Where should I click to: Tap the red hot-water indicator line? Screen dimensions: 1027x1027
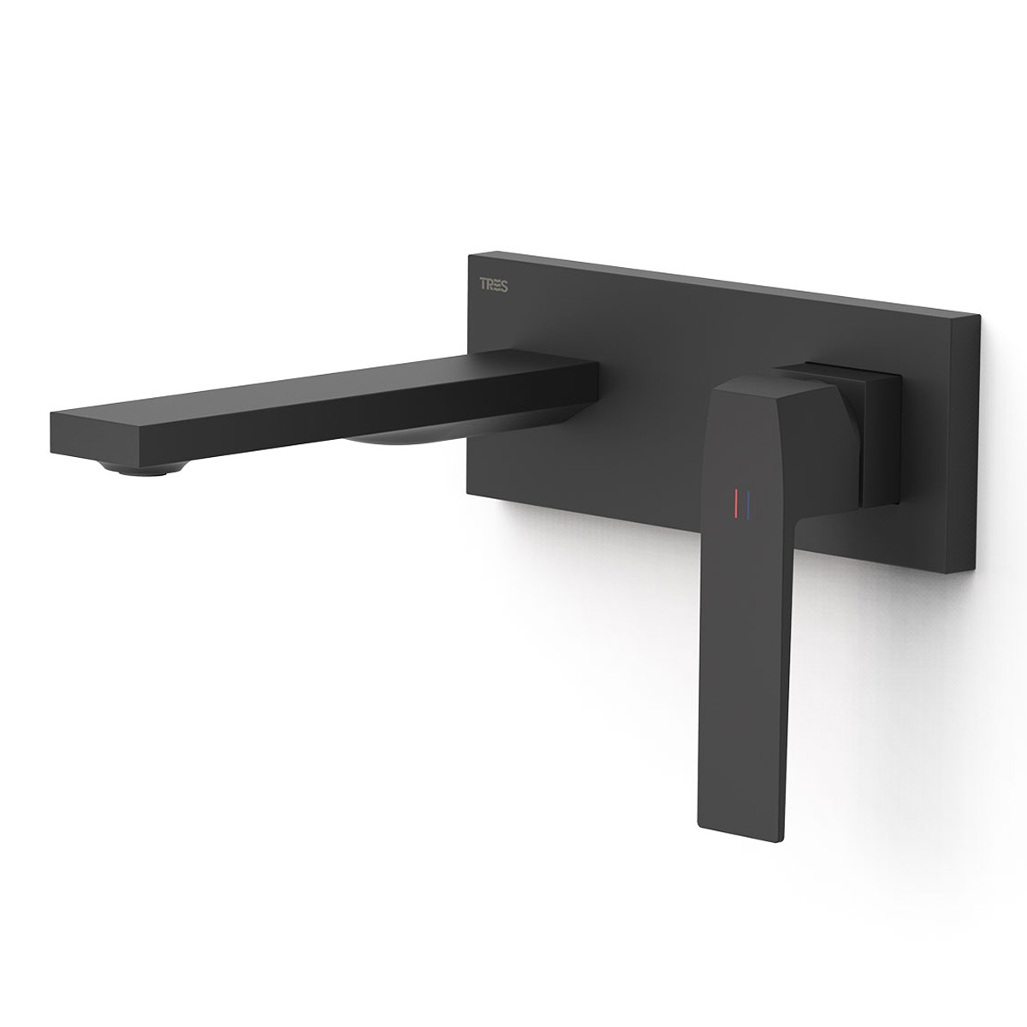click(734, 505)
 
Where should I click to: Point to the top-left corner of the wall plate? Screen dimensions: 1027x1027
click(469, 253)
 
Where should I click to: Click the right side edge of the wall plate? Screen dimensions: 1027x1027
click(977, 445)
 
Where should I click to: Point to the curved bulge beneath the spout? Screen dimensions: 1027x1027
click(394, 442)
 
